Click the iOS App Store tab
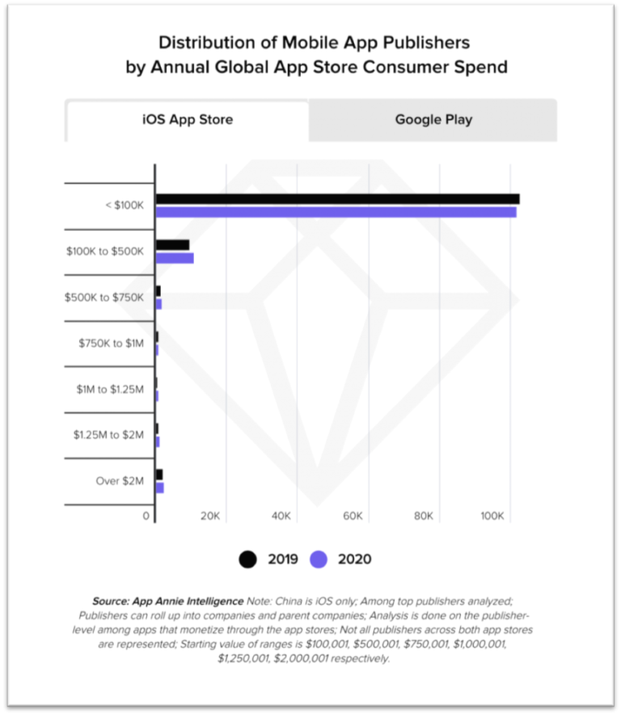coord(187,120)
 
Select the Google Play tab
coord(433,120)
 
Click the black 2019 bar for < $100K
coord(337,199)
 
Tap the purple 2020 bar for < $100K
coord(336,212)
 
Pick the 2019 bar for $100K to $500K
coord(172,245)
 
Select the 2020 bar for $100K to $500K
coord(175,258)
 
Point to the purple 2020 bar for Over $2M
coord(159,488)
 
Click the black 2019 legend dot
coord(248,559)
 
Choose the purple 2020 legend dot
coord(319,559)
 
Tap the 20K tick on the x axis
coord(210,516)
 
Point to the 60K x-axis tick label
coord(352,516)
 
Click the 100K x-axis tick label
coord(492,516)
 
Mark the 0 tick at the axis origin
coord(146,516)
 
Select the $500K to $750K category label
coord(104,298)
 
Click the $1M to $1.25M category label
coord(110,389)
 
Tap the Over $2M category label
coord(120,481)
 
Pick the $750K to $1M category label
coord(111,344)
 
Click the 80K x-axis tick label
coord(423,516)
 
